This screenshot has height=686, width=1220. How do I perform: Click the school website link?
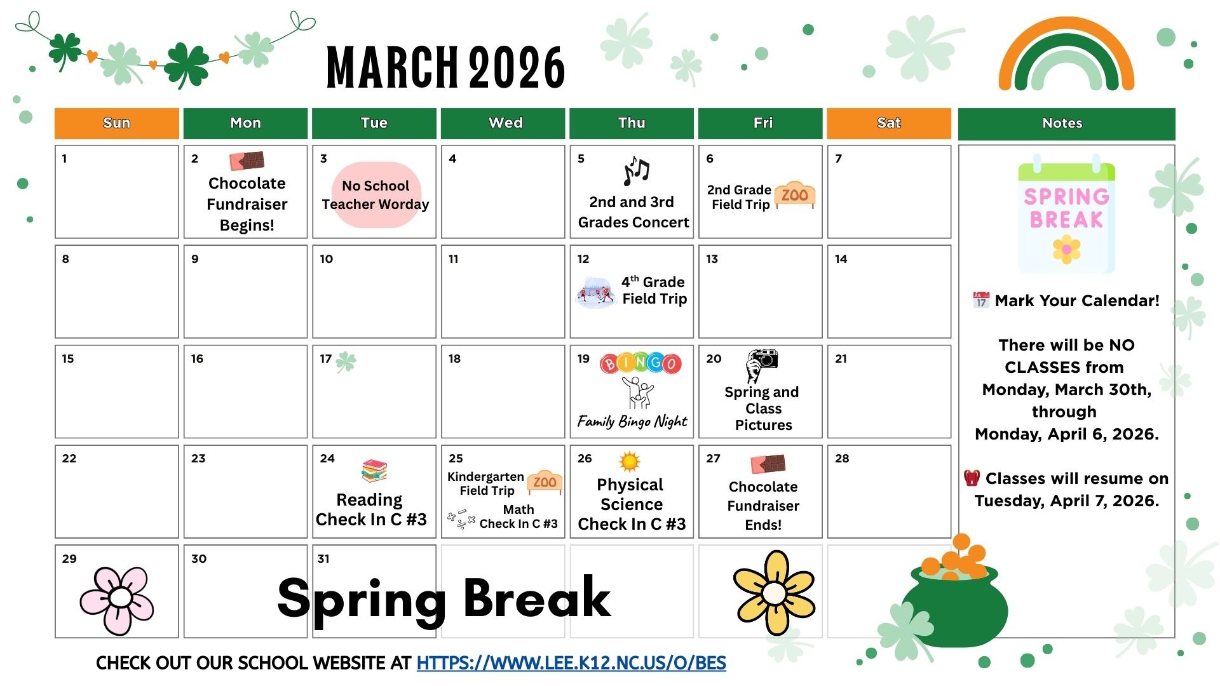(x=571, y=663)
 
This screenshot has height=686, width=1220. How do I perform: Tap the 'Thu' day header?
(x=632, y=123)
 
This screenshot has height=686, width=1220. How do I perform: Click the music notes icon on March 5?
(x=636, y=171)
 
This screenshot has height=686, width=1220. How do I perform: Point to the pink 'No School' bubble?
(x=376, y=194)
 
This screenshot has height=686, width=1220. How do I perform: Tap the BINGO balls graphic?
(x=640, y=363)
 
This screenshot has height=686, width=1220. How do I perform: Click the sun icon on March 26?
(x=629, y=462)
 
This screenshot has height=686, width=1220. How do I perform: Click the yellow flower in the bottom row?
(x=774, y=593)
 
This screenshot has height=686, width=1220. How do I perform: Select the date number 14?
(x=841, y=259)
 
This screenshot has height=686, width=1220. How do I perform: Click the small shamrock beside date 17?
(x=346, y=362)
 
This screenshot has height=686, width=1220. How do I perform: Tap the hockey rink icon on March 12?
(x=595, y=293)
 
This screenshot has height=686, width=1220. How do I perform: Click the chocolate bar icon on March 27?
(x=768, y=464)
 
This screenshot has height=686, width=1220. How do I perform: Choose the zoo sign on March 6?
(x=795, y=194)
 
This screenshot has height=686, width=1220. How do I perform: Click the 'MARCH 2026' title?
(x=445, y=67)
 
